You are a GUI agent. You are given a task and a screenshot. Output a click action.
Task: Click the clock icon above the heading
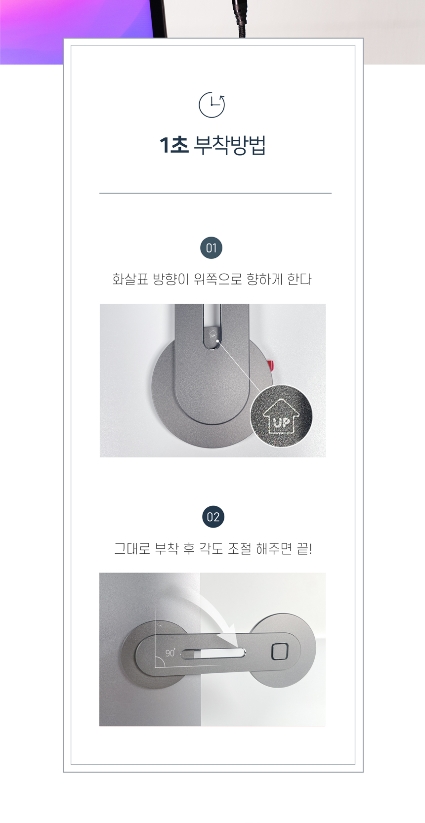click(x=212, y=105)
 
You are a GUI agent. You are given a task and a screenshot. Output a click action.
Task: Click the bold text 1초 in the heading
click(x=174, y=146)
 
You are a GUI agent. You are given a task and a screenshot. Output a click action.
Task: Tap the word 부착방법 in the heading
click(x=229, y=146)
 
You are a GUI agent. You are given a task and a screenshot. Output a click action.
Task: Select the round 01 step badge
click(x=212, y=248)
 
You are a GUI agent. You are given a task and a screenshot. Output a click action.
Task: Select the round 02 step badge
click(x=213, y=517)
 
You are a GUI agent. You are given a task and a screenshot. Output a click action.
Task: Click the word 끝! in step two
click(x=304, y=549)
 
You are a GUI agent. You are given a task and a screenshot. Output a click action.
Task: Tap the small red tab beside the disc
click(x=271, y=366)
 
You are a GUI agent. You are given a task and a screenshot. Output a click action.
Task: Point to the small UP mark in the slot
click(x=213, y=334)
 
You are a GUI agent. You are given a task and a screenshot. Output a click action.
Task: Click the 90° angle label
click(x=170, y=653)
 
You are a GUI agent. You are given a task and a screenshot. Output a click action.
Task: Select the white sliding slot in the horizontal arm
click(x=213, y=654)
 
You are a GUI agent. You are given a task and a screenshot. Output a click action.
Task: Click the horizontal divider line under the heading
click(x=215, y=193)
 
